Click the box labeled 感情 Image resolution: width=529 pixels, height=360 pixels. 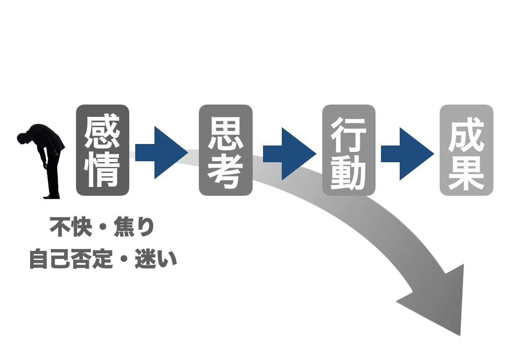coord(102,150)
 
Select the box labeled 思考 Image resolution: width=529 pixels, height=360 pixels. coord(226,150)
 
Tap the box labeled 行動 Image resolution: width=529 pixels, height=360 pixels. coord(348,150)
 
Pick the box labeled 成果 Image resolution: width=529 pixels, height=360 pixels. coord(466,150)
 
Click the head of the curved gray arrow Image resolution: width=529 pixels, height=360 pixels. coord(439,301)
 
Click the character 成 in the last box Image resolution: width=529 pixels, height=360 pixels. coord(466,132)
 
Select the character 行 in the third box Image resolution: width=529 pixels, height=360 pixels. coord(348,131)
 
